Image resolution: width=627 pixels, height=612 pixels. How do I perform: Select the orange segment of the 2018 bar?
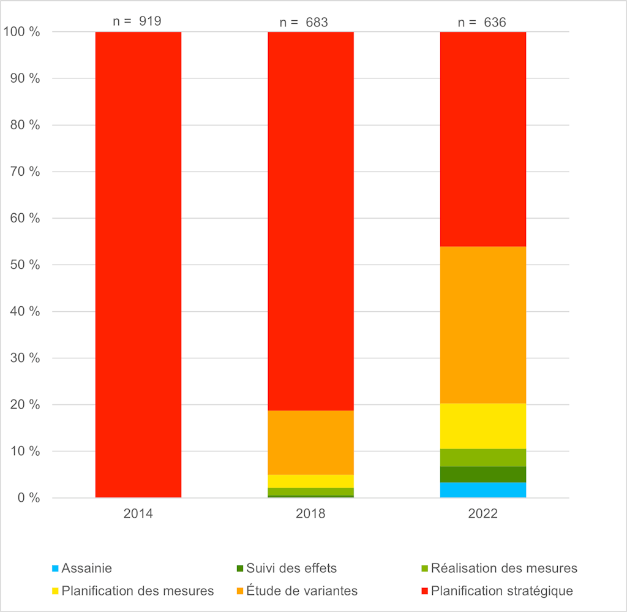(x=310, y=442)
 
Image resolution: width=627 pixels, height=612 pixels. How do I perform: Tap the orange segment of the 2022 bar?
(x=482, y=325)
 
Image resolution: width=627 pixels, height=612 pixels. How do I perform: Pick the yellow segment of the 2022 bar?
(x=482, y=426)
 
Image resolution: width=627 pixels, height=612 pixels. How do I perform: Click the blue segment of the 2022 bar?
(x=482, y=490)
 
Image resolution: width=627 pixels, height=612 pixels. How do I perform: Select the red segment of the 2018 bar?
(x=310, y=221)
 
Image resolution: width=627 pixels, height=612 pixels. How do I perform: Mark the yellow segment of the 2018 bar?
(x=310, y=481)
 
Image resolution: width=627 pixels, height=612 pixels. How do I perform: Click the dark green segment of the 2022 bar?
(x=482, y=474)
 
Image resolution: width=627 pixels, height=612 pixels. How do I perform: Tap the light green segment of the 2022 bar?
(x=482, y=458)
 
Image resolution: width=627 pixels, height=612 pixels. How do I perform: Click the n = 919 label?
(x=137, y=21)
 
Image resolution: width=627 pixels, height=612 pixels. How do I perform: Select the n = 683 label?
(x=304, y=23)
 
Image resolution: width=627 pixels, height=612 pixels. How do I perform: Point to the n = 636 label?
(x=482, y=23)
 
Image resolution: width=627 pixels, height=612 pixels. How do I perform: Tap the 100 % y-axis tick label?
(x=23, y=32)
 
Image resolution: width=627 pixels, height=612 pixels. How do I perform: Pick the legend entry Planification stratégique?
(x=501, y=591)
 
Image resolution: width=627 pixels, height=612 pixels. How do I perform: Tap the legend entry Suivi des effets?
(x=291, y=569)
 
